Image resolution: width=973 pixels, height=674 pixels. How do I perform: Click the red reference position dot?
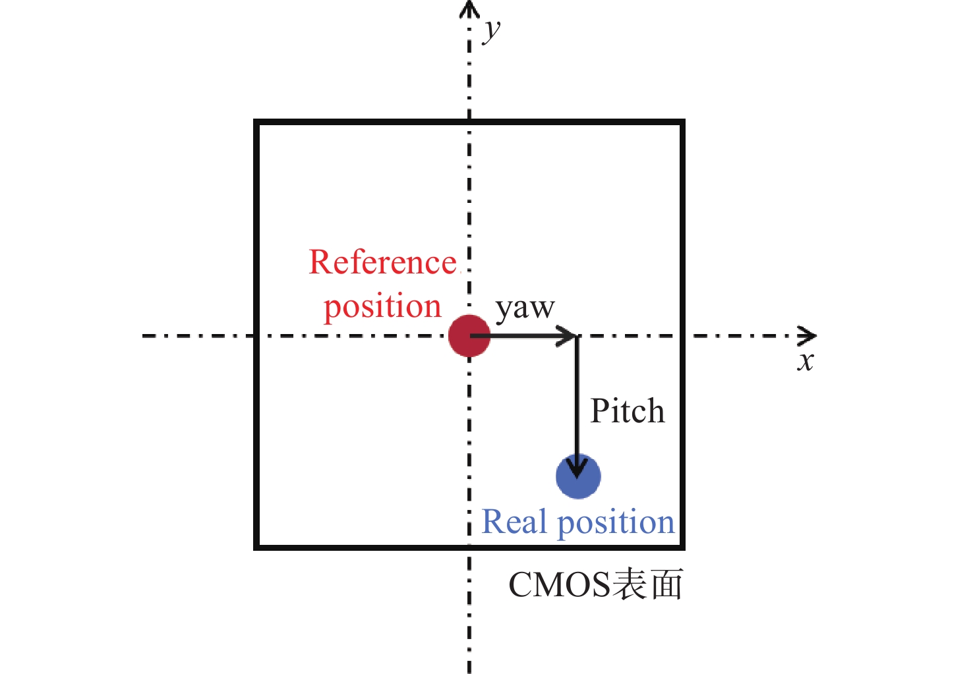469,335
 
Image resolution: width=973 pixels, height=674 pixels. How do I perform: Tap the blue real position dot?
578,476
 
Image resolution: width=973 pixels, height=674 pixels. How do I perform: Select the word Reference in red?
383,262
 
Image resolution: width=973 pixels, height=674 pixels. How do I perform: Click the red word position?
382,306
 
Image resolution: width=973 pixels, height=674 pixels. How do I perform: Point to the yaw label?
525,308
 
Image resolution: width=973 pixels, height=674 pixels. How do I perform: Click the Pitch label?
628,411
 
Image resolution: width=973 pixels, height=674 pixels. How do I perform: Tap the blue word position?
616,522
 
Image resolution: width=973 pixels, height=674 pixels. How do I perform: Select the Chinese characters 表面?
647,584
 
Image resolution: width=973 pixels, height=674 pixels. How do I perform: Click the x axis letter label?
805,361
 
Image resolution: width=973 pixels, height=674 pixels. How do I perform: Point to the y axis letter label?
491,30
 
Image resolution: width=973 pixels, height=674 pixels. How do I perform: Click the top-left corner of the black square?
256,123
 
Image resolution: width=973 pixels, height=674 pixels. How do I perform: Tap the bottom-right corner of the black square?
682,547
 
